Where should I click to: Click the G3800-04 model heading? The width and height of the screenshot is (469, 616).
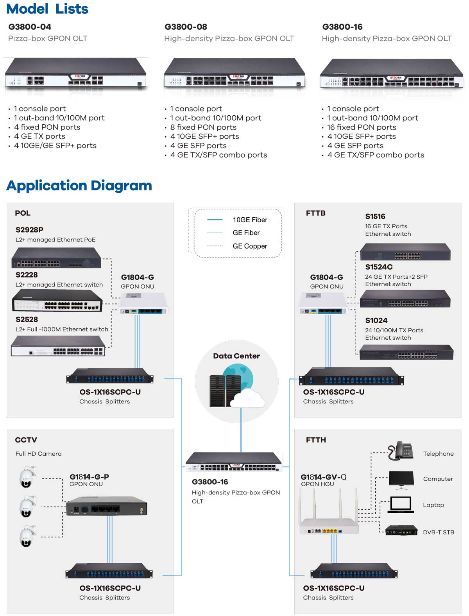30,27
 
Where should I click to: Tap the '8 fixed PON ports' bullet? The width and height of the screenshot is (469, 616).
203,127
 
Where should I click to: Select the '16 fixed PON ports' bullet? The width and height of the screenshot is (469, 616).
362,127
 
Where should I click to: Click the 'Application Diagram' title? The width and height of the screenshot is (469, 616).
79,186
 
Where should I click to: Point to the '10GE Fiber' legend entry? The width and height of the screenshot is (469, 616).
250,220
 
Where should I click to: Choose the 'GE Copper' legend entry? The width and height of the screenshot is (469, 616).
250,246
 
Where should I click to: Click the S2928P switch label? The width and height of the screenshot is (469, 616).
29,230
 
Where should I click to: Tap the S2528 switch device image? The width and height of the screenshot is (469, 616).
58,346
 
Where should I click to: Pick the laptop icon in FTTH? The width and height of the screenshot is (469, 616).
401,505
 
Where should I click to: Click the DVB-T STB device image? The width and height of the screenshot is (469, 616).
401,531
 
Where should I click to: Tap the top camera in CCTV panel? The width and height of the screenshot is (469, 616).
27,477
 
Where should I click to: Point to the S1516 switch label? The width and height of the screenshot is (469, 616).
375,217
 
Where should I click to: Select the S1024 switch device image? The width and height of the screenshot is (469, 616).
406,352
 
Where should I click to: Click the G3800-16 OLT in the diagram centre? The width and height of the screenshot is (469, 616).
234,462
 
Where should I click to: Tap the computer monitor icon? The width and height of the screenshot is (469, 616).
401,480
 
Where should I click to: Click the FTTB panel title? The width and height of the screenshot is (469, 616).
316,213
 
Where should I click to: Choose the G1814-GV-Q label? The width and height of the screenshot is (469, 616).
324,477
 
